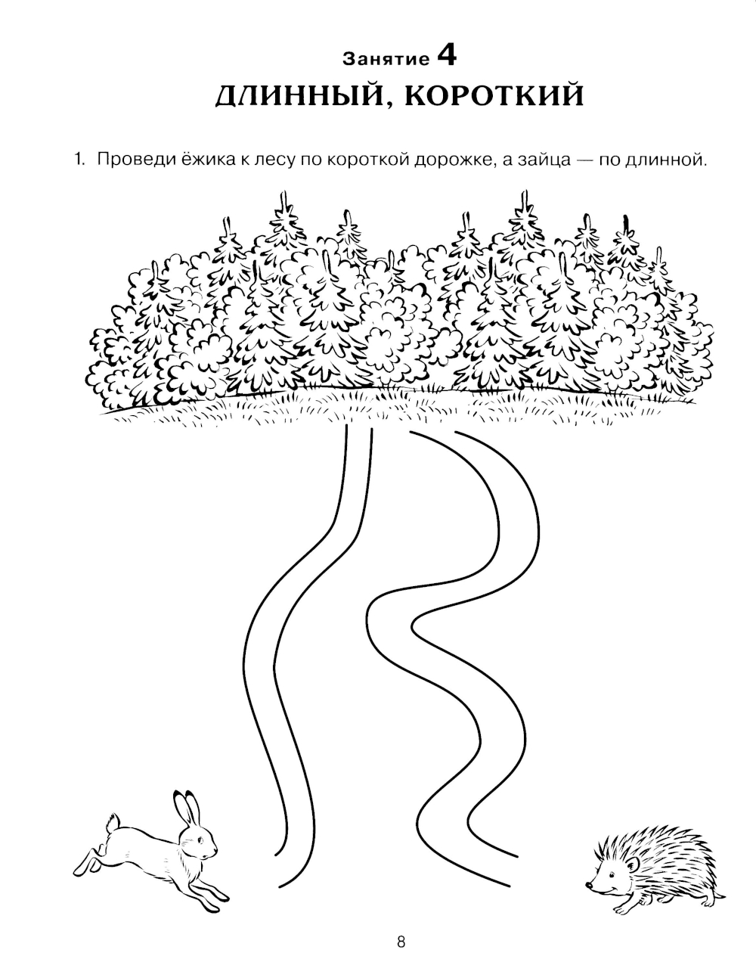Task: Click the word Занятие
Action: (386, 60)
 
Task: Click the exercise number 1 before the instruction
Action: (79, 160)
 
